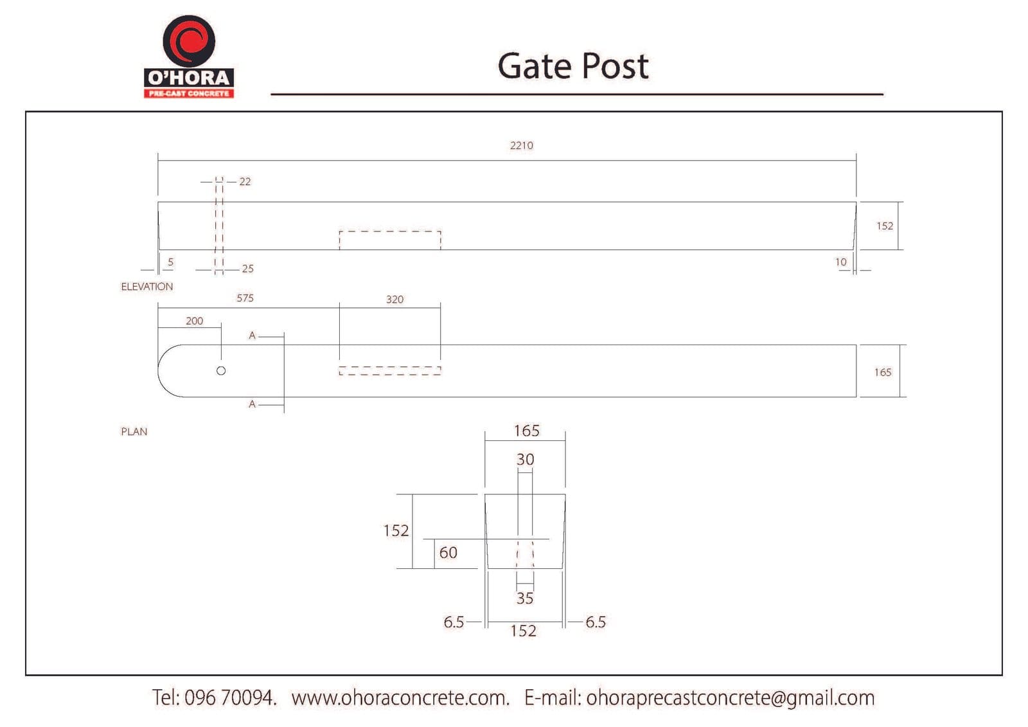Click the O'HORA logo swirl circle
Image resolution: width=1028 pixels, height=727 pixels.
[x=189, y=41]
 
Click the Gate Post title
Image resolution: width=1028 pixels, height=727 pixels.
[x=572, y=67]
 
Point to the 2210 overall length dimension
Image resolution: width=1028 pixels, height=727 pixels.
[x=521, y=145]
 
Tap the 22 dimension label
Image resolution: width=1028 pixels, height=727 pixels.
[x=245, y=182]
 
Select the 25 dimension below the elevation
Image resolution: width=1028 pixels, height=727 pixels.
[x=248, y=269]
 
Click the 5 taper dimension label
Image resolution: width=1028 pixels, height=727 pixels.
[x=170, y=262]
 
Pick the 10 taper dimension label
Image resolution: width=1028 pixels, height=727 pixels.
[x=840, y=262]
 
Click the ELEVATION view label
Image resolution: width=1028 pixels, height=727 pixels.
[x=147, y=287]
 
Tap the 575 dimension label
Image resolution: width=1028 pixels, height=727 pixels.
[x=245, y=298]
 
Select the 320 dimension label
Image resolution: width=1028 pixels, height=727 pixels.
[x=394, y=300]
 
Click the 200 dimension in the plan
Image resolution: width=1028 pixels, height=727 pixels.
[x=194, y=321]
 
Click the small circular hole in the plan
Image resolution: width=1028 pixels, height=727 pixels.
[x=221, y=371]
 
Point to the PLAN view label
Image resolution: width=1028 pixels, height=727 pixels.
[x=134, y=432]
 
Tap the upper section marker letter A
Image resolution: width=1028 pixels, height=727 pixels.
[x=252, y=336]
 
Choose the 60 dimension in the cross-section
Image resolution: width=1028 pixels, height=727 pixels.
[x=448, y=553]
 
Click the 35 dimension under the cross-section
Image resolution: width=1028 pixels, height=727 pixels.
[x=525, y=598]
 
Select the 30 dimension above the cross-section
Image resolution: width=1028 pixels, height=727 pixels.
[x=525, y=459]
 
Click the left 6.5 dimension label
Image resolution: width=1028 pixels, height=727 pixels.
[x=454, y=622]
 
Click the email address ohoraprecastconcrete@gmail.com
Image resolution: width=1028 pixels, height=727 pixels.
[x=730, y=698]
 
